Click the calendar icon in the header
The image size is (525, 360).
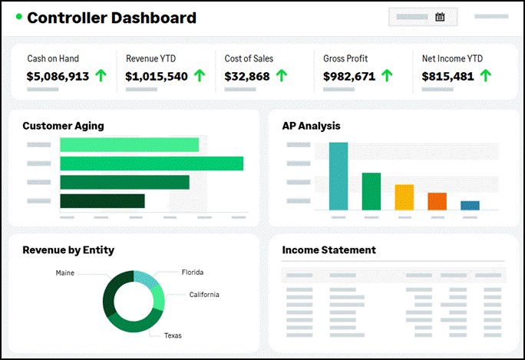440,17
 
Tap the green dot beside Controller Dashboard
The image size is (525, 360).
19,16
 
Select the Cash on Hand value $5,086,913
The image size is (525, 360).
58,76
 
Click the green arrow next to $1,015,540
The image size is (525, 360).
200,75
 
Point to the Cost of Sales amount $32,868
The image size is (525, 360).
247,76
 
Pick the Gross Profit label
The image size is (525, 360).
345,58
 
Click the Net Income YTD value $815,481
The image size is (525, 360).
447,76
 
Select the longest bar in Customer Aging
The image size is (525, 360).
152,163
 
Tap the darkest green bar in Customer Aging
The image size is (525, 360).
102,201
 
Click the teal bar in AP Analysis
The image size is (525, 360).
338,176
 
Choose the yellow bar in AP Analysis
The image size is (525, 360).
404,197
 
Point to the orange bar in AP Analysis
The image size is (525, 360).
438,201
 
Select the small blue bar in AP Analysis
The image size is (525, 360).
470,206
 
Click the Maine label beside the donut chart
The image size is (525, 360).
65,273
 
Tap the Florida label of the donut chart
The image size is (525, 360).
193,272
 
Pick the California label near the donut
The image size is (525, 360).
204,295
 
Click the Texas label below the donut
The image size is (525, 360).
173,335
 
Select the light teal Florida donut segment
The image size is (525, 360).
144,278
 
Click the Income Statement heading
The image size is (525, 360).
329,249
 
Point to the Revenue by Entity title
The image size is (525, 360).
68,250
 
